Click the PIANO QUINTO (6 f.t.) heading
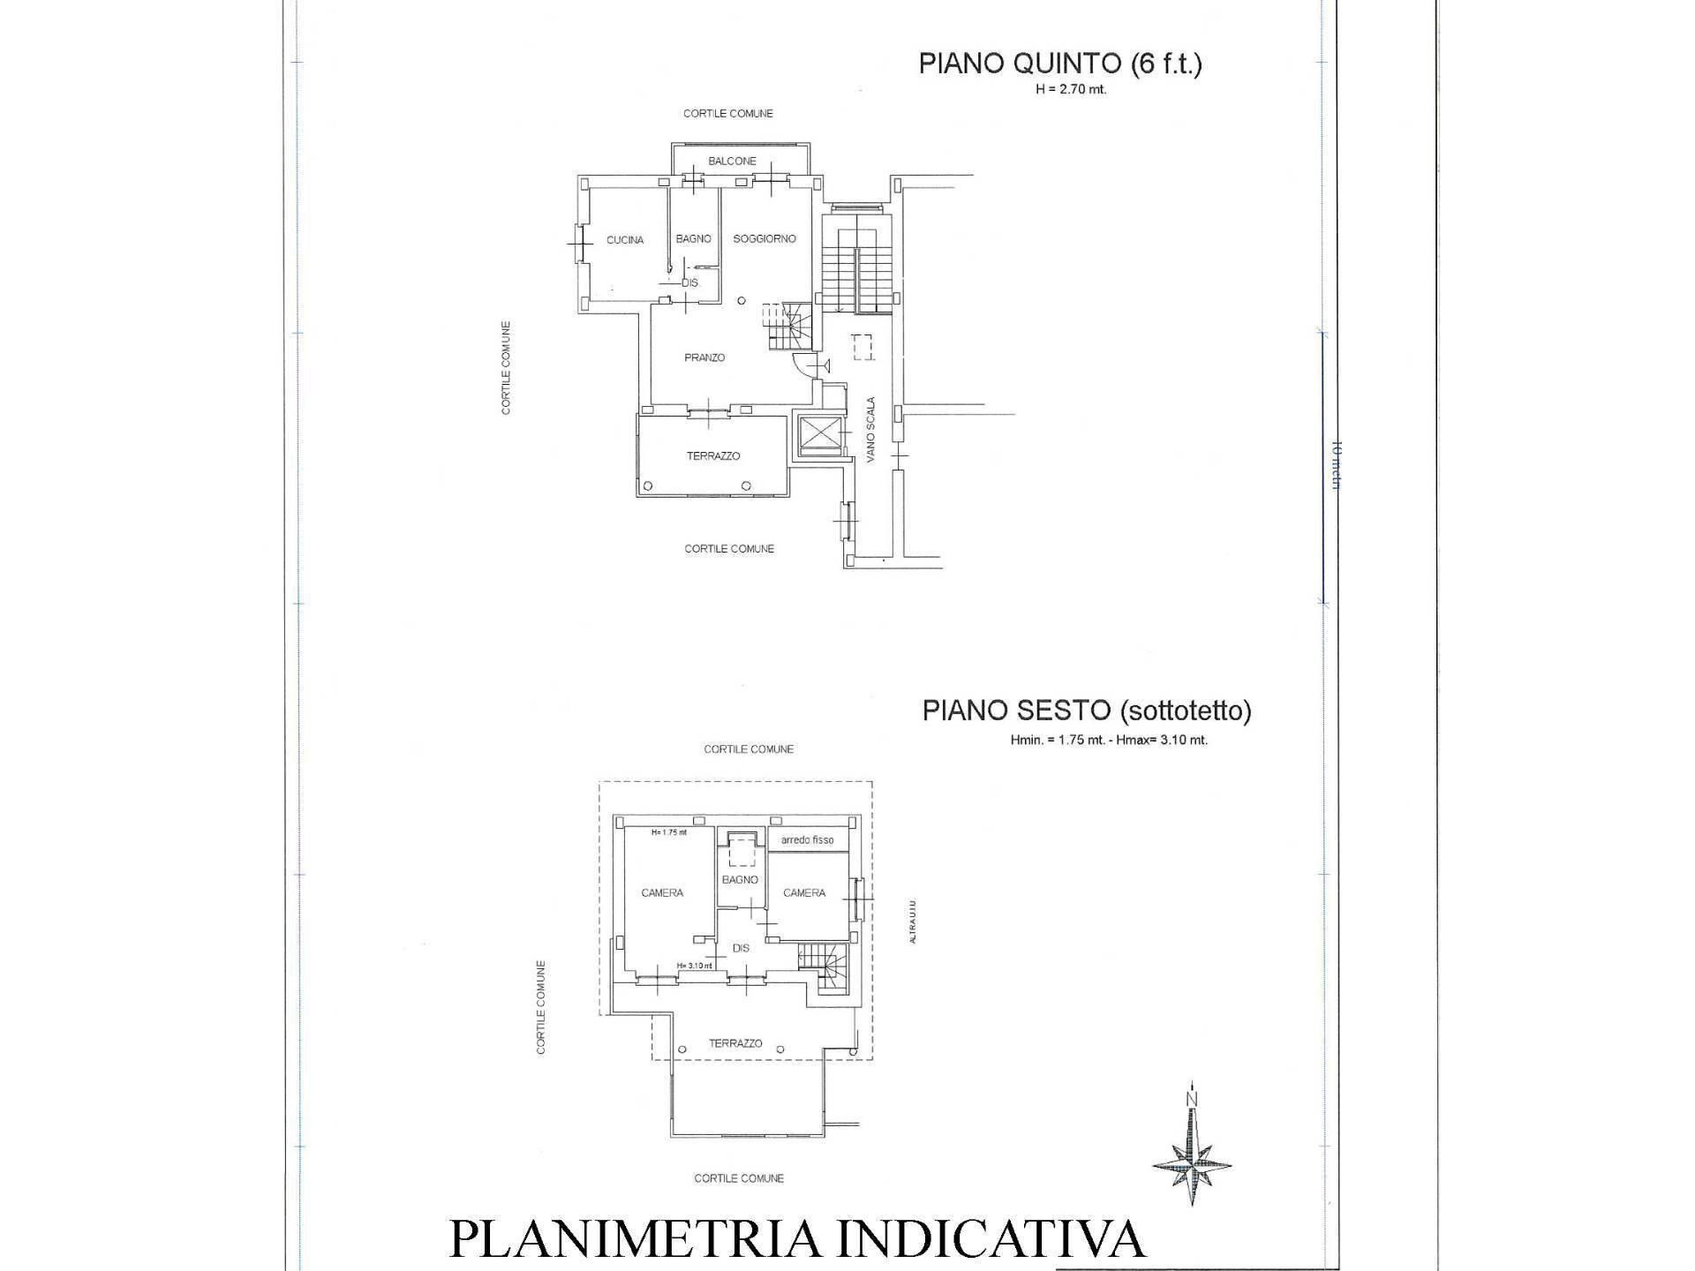(x=1059, y=64)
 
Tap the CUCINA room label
(x=624, y=240)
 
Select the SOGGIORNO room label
(x=765, y=238)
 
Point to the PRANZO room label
(x=704, y=357)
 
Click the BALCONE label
(x=732, y=162)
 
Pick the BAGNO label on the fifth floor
(x=693, y=239)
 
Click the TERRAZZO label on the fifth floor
(x=713, y=456)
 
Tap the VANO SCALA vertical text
(x=870, y=430)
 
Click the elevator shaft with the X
(x=815, y=435)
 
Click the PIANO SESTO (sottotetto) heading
(x=1086, y=711)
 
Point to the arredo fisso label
(x=807, y=840)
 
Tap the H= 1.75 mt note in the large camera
(x=668, y=832)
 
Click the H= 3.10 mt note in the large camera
(x=694, y=966)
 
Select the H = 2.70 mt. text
(x=1070, y=89)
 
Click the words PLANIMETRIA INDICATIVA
(x=796, y=1239)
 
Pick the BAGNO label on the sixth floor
(x=740, y=880)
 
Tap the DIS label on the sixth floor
(x=741, y=948)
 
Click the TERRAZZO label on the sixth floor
(x=735, y=1043)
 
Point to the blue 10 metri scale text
(x=1335, y=464)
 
